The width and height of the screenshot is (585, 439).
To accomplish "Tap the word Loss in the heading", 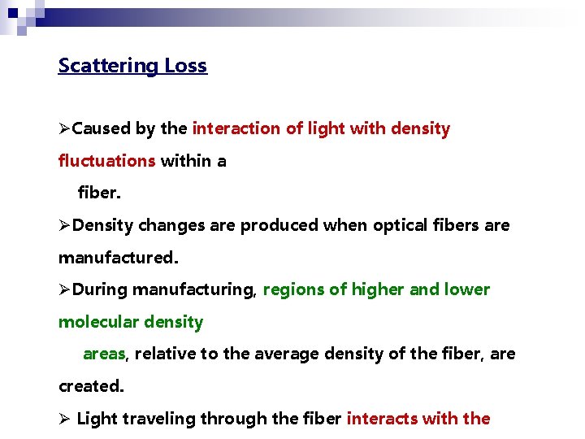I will pyautogui.click(x=186, y=66).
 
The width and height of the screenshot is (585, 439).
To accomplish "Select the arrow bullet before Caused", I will pyautogui.click(x=65, y=128).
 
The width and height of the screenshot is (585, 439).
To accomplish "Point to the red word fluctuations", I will pyautogui.click(x=106, y=161).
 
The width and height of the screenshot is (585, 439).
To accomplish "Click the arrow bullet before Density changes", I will pyautogui.click(x=65, y=225).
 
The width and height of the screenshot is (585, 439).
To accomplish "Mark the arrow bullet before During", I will pyautogui.click(x=65, y=289).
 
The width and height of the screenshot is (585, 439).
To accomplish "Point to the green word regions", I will pyautogui.click(x=293, y=289).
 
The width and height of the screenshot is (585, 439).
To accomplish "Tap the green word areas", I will pyautogui.click(x=104, y=354).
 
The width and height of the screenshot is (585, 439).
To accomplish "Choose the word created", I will pyautogui.click(x=90, y=386).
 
